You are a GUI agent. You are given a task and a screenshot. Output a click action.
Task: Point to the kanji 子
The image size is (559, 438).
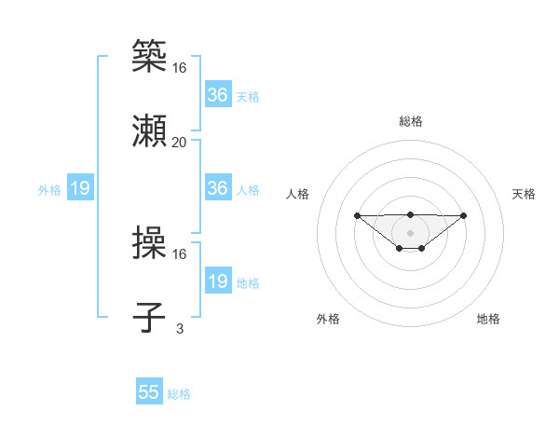coord(150,317)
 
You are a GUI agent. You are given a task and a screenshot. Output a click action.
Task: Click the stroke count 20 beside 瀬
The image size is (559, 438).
coord(180,142)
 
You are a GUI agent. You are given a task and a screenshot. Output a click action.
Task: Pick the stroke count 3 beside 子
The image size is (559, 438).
coord(180,328)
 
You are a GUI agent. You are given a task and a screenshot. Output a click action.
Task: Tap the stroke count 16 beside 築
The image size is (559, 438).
coord(180,67)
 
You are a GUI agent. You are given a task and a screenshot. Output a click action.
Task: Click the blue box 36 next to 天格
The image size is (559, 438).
coord(218,95)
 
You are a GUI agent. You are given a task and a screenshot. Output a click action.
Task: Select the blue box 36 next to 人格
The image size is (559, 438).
coord(218,188)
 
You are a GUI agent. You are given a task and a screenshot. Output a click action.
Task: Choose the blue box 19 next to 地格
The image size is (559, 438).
coord(218,281)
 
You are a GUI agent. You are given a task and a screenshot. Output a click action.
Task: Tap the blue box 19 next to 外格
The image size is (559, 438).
coord(80,189)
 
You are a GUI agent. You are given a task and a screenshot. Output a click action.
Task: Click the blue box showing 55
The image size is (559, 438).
coord(149,392)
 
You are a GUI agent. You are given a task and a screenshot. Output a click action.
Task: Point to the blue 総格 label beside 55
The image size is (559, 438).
coord(180,394)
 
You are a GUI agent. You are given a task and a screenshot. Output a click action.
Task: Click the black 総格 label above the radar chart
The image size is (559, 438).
coord(410,121)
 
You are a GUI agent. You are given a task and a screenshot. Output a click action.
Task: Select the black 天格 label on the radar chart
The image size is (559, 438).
coord(525,194)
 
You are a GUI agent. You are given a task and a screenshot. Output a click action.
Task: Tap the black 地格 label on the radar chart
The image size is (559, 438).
coord(488,319)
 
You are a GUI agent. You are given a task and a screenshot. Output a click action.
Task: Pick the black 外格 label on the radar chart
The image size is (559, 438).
coord(328,319)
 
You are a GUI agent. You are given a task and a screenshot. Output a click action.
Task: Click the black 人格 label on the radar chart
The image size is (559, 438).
coord(298,194)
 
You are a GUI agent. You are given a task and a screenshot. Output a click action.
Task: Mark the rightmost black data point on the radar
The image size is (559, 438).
coord(464,215)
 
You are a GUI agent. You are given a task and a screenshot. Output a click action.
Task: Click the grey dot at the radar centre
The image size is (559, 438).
coord(410,233)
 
